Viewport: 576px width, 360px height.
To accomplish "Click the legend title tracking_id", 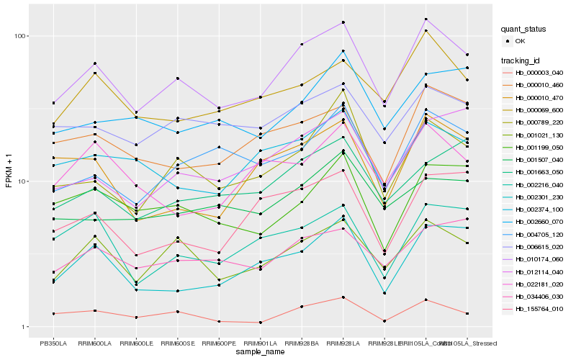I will click(x=522, y=60).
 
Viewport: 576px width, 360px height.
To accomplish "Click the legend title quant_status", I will click(x=524, y=29).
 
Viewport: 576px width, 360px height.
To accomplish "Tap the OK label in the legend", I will click(x=520, y=41).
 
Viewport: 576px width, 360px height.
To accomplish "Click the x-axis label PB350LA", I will click(x=53, y=343).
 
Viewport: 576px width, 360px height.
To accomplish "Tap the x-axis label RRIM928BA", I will click(x=302, y=343).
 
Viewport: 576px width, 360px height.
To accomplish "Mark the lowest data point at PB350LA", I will click(x=53, y=314).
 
